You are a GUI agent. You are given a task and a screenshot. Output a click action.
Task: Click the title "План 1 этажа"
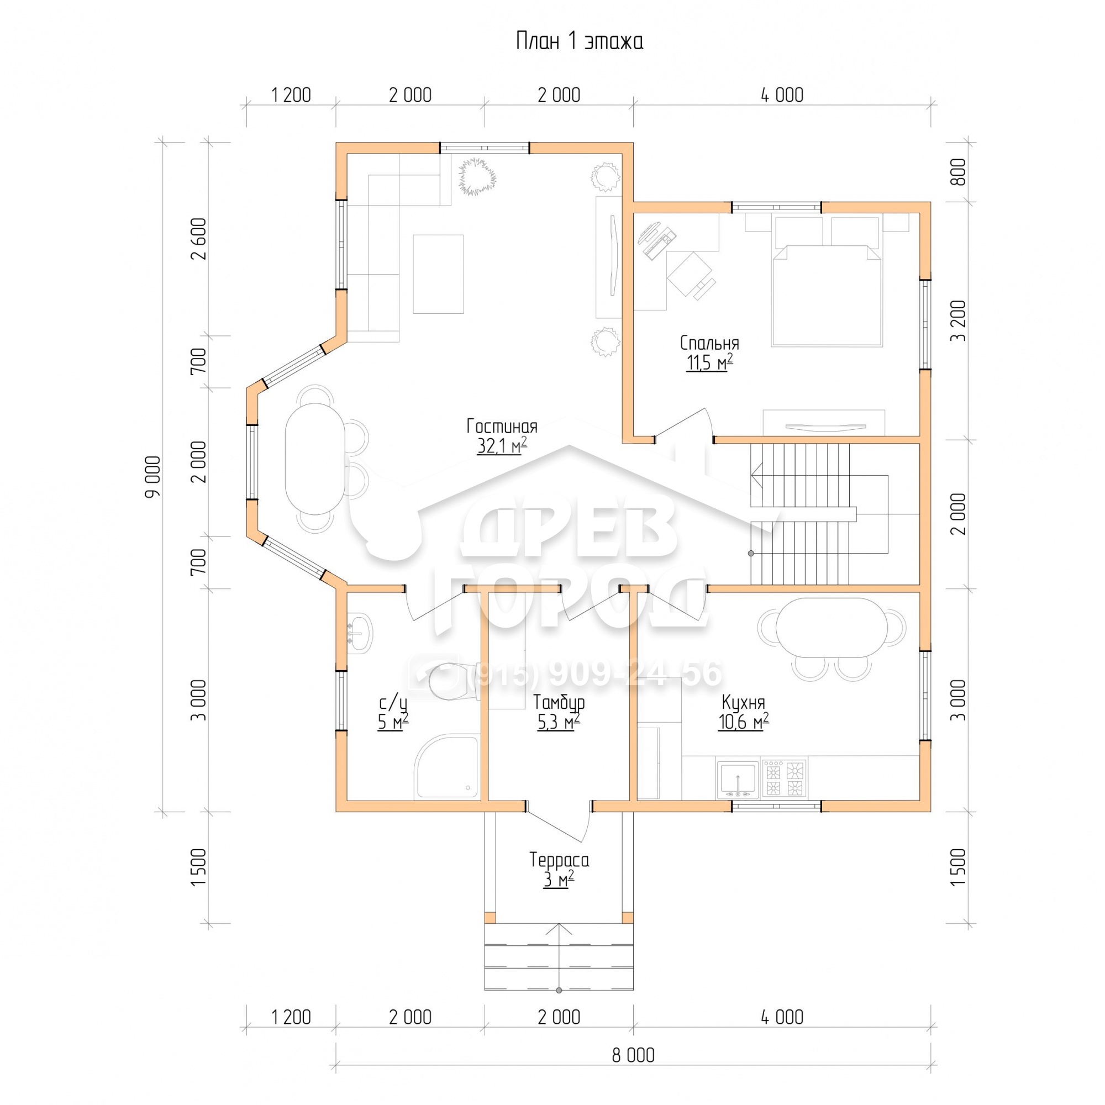click(580, 42)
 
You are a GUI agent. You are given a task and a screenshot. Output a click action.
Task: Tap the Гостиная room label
click(502, 427)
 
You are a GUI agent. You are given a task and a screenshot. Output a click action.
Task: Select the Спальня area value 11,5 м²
click(709, 362)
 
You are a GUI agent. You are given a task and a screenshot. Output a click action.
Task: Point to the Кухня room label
click(743, 702)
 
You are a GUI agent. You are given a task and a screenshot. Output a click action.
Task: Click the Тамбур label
click(558, 702)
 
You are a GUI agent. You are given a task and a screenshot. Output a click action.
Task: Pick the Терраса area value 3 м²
click(558, 880)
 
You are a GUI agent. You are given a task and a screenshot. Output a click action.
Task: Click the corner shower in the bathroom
click(448, 766)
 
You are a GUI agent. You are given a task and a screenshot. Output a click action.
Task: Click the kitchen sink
click(738, 779)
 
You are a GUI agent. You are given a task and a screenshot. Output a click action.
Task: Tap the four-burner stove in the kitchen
click(784, 778)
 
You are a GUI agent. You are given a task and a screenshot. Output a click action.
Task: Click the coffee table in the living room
click(438, 274)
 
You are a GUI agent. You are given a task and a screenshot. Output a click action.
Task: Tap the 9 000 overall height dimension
click(153, 477)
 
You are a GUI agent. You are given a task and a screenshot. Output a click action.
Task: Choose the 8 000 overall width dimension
click(633, 1055)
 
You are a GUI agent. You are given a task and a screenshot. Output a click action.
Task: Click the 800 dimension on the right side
click(957, 171)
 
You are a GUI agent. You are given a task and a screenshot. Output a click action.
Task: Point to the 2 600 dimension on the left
click(199, 239)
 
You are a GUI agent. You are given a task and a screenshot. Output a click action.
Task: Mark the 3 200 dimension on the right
click(957, 321)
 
